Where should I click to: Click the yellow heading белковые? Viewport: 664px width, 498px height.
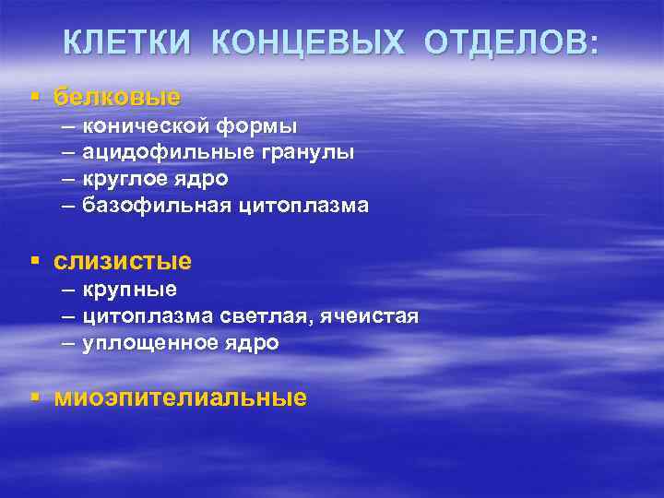pyautogui.click(x=117, y=96)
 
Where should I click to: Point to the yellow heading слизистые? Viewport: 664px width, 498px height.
pyautogui.click(x=123, y=261)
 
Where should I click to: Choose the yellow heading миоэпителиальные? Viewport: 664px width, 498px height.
pyautogui.click(x=180, y=397)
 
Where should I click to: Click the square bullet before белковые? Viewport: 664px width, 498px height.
pyautogui.click(x=35, y=95)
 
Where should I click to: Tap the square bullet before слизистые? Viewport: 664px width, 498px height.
pyautogui.click(x=35, y=261)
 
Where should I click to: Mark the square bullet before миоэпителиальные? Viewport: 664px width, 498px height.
pyautogui.click(x=35, y=397)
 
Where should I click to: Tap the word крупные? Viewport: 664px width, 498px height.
pyautogui.click(x=129, y=290)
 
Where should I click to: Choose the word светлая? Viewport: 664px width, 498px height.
pyautogui.click(x=268, y=316)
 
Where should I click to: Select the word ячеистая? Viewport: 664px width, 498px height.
pyautogui.click(x=373, y=316)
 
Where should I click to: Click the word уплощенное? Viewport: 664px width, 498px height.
pyautogui.click(x=148, y=344)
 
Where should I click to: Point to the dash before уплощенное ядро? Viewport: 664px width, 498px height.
pyautogui.click(x=70, y=343)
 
